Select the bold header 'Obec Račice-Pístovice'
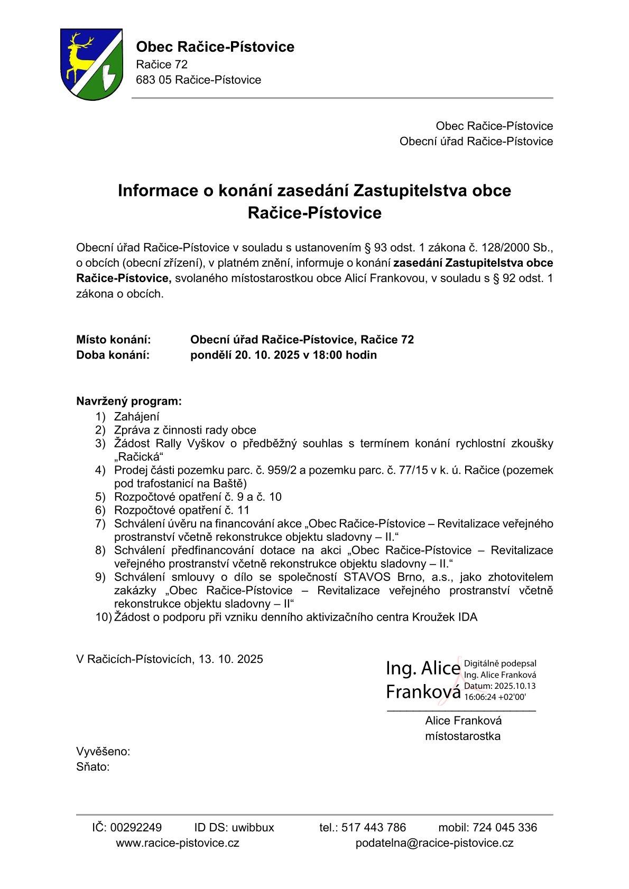pos(215,47)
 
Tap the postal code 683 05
pos(153,80)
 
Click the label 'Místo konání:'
pos(114,340)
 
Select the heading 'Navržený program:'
pos(129,401)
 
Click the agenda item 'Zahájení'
pos(137,416)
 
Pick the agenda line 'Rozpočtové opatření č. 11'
pos(182,510)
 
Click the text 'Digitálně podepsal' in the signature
pos(499,664)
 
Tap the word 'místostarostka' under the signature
pos(462,736)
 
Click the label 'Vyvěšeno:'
pos(103,752)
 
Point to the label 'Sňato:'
pos(93,767)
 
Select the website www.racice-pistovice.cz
pos(178,843)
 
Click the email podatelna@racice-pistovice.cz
pos(434,843)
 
